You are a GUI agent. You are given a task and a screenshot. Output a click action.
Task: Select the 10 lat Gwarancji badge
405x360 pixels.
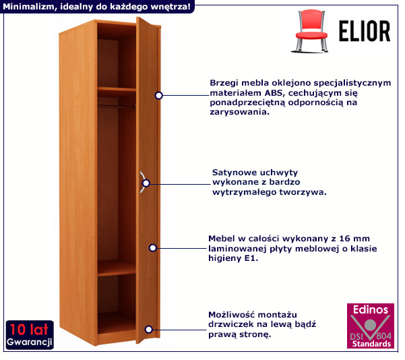[30, 335]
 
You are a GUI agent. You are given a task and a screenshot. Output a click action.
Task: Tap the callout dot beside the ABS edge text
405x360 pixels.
[159, 96]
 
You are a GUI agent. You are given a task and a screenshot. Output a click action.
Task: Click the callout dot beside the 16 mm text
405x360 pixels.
[153, 248]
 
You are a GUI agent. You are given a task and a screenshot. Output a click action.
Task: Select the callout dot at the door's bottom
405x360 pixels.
[148, 329]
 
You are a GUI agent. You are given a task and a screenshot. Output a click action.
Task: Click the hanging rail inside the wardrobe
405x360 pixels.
[117, 105]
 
